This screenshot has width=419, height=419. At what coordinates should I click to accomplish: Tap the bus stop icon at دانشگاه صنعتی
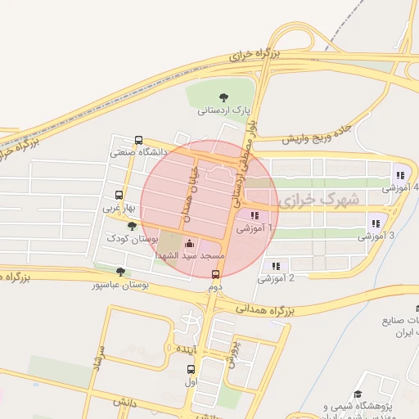pos(138,141)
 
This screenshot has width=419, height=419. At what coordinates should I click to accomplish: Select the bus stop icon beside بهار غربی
pos(119,196)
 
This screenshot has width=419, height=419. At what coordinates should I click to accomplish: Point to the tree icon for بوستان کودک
pos(132,226)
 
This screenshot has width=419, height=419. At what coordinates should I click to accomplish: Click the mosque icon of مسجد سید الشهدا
pos(190,243)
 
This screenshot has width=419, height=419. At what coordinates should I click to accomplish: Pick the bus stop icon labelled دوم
pos(215,275)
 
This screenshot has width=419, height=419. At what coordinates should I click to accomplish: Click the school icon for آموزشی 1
pos(255,217)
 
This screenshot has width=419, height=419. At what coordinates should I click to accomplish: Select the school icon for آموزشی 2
pos(275,266)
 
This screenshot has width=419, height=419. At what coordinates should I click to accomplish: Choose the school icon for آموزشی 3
pos(376,223)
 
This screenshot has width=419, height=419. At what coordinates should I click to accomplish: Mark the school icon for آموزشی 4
pos(399,175)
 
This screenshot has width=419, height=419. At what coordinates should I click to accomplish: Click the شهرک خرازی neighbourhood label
pos(318,199)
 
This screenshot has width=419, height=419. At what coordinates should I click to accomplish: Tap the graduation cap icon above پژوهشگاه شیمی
pos(358,394)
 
